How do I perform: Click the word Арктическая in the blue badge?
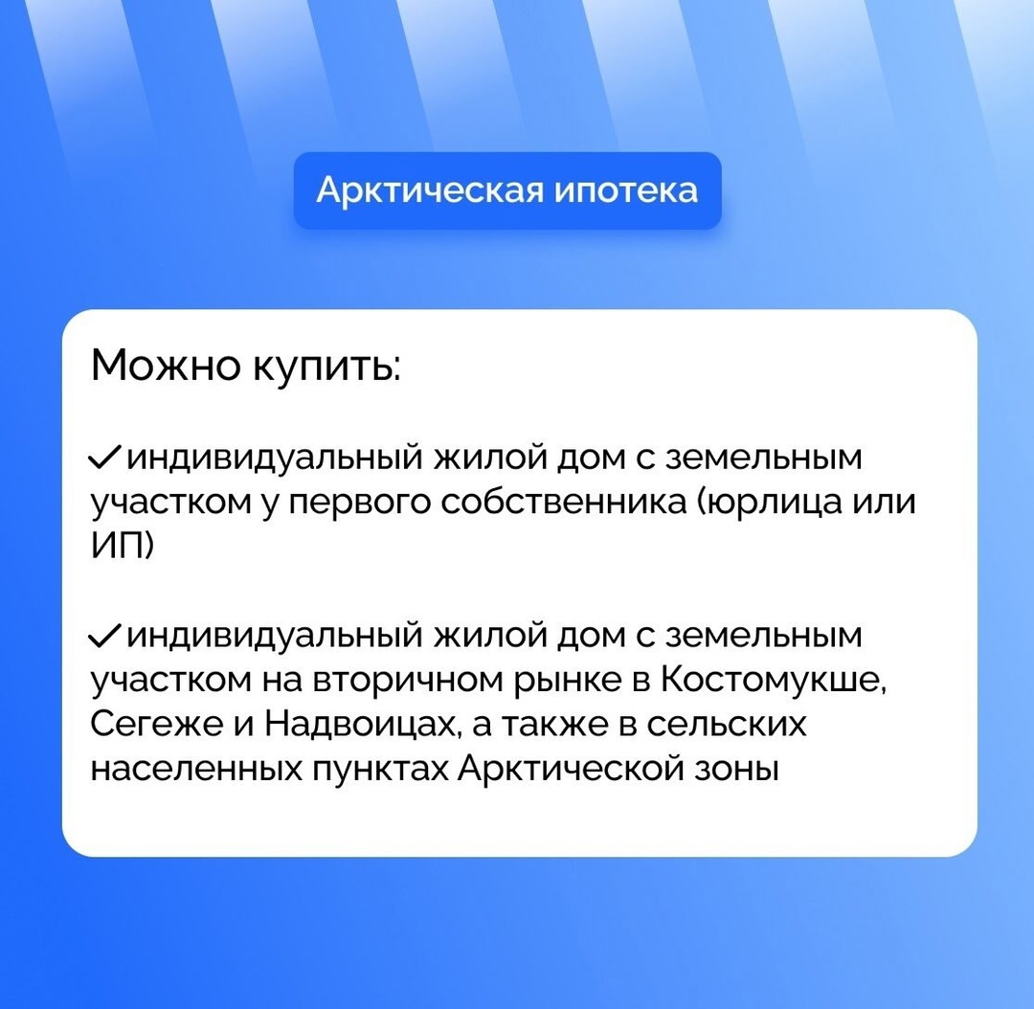click(431, 191)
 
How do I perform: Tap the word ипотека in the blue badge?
click(626, 191)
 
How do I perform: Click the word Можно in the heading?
click(167, 365)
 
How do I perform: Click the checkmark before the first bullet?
click(104, 457)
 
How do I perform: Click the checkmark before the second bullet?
click(104, 636)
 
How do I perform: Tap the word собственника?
click(564, 502)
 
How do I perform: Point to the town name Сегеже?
click(157, 724)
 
